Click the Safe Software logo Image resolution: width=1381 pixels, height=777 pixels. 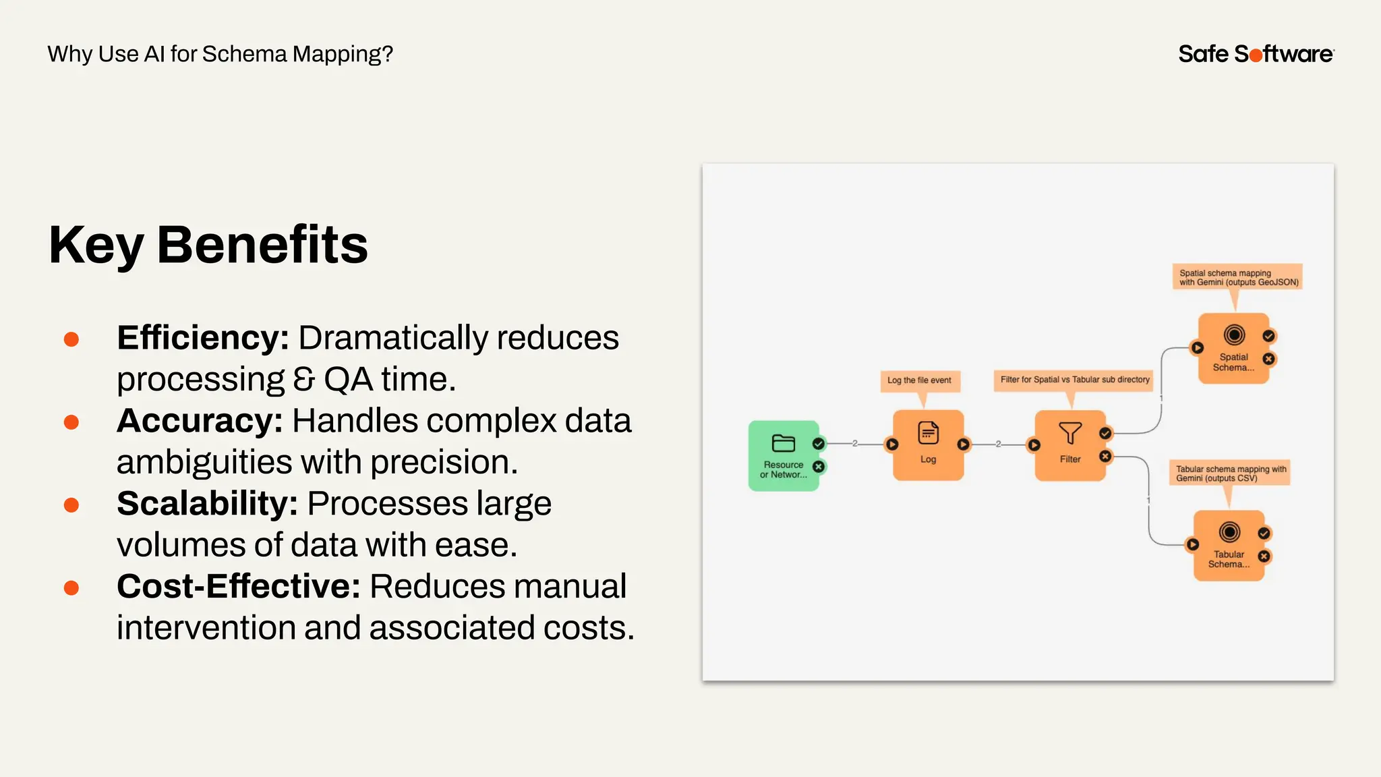pyautogui.click(x=1256, y=54)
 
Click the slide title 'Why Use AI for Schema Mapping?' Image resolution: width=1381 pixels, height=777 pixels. pyautogui.click(x=220, y=54)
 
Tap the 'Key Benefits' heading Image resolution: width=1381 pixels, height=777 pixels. pyautogui.click(x=208, y=245)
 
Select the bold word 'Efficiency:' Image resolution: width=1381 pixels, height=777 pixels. pyautogui.click(x=203, y=338)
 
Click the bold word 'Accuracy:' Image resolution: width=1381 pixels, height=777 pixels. pyautogui.click(x=200, y=421)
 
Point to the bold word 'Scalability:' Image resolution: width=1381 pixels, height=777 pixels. pyautogui.click(x=207, y=504)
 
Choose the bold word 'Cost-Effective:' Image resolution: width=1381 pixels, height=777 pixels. pyautogui.click(x=239, y=586)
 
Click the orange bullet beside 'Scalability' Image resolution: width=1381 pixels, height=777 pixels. pyautogui.click(x=71, y=505)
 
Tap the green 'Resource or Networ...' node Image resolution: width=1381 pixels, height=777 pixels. pyautogui.click(x=784, y=456)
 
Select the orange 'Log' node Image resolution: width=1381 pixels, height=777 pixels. pyautogui.click(x=928, y=445)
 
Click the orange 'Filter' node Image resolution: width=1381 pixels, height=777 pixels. pyautogui.click(x=1070, y=445)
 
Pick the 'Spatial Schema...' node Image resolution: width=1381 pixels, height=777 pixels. pyautogui.click(x=1233, y=349)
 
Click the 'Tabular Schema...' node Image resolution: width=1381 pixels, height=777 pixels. pyautogui.click(x=1229, y=546)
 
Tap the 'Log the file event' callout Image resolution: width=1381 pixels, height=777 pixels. pyautogui.click(x=919, y=380)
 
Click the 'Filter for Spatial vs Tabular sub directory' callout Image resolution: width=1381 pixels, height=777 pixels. pyautogui.click(x=1074, y=380)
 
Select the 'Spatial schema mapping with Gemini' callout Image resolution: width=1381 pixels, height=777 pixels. pyautogui.click(x=1238, y=277)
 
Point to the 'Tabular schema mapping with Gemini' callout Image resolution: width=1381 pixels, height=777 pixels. pyautogui.click(x=1230, y=473)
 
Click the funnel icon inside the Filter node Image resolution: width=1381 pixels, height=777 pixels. pyautogui.click(x=1070, y=432)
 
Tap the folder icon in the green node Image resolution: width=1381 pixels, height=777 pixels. pyautogui.click(x=783, y=443)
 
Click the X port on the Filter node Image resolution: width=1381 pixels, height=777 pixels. pyautogui.click(x=1105, y=457)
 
